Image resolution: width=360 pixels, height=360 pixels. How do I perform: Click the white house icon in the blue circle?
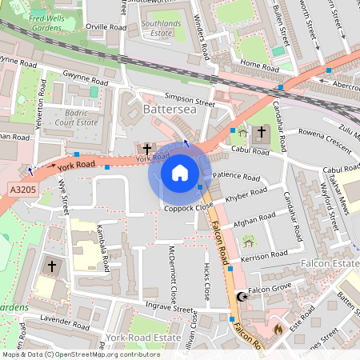point(180,173)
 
